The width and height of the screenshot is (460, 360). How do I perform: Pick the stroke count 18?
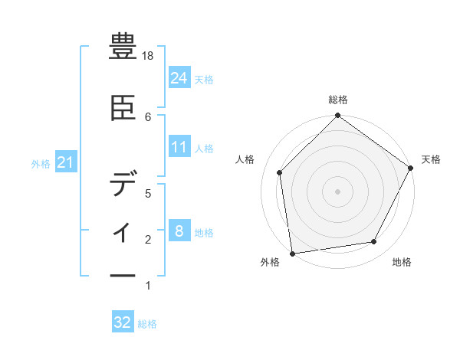click(x=149, y=57)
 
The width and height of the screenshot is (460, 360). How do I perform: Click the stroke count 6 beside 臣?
click(x=149, y=116)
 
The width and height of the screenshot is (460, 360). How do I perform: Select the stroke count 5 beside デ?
click(x=149, y=193)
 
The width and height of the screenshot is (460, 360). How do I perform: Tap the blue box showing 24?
click(x=179, y=77)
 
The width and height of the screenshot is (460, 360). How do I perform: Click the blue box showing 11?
click(x=179, y=147)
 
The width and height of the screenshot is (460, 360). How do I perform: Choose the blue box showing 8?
click(x=179, y=231)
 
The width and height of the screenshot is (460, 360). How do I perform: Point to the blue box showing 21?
click(x=65, y=162)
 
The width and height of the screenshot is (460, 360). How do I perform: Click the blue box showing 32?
click(x=123, y=322)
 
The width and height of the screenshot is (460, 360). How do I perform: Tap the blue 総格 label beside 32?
click(x=147, y=324)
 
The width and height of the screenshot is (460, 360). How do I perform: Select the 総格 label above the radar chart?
click(x=338, y=100)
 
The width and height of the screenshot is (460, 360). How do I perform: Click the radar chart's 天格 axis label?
click(x=431, y=159)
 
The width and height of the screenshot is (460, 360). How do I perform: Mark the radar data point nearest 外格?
click(x=292, y=253)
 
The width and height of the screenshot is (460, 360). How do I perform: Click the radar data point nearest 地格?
click(x=374, y=242)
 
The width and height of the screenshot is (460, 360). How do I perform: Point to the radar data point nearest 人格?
click(x=280, y=172)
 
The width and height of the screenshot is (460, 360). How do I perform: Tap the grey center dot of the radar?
click(x=338, y=191)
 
